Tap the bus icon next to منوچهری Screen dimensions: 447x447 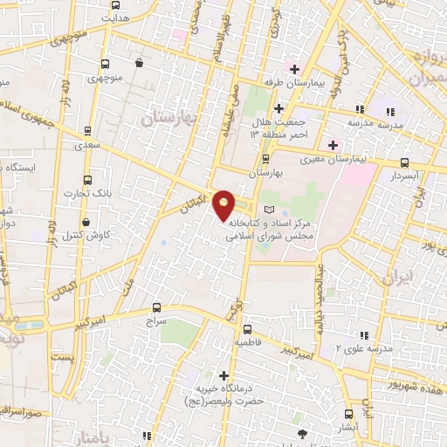pos(105,64)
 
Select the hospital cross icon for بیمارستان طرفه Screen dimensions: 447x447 pos(295,69)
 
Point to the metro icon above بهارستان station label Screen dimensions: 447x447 pos(266,158)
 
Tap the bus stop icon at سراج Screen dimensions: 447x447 pos(156,307)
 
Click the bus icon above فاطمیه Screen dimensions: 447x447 pos(248,329)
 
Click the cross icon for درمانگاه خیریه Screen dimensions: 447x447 pos(224,376)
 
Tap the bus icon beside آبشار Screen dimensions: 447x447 pos(349,414)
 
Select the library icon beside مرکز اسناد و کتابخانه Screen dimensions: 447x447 pos(268,210)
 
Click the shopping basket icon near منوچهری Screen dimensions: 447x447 pos(140,63)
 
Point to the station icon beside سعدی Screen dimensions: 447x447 pos(86,130)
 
